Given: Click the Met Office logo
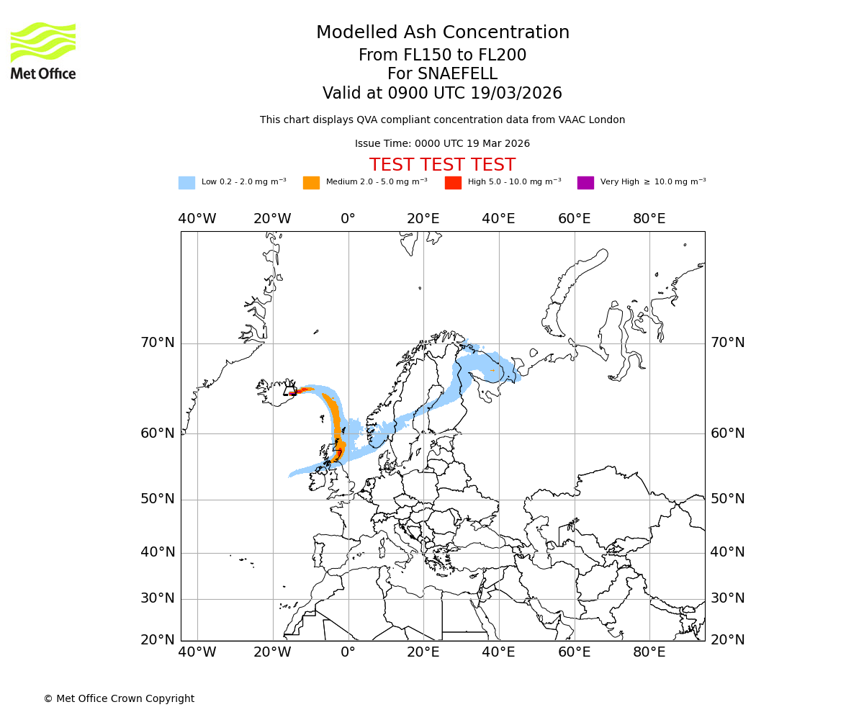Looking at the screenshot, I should [x=43, y=50].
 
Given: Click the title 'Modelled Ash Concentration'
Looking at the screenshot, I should [x=442, y=33].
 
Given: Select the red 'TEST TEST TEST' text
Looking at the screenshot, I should [x=442, y=165].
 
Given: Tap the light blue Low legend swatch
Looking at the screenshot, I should [x=186, y=183].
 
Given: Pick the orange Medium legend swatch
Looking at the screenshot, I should [x=311, y=183].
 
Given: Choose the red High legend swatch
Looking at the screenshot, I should [x=453, y=183].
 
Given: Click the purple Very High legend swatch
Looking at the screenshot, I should [x=585, y=183].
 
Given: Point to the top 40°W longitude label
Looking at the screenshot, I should [x=197, y=219].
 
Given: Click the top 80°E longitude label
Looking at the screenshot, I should [x=649, y=219].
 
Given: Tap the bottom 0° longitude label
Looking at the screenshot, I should [x=348, y=652].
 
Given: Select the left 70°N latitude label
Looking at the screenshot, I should [x=157, y=343].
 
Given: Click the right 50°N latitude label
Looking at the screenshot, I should [x=727, y=499].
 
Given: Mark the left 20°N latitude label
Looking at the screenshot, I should [x=157, y=640].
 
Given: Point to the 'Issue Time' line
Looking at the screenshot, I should [x=442, y=144].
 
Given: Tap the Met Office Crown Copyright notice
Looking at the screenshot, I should [x=119, y=698].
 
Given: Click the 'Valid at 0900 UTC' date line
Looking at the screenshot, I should [x=442, y=94].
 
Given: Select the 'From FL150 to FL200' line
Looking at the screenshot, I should [x=442, y=55].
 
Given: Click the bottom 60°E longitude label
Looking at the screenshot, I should [x=574, y=652].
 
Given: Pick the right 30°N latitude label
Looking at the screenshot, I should [x=727, y=598].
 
